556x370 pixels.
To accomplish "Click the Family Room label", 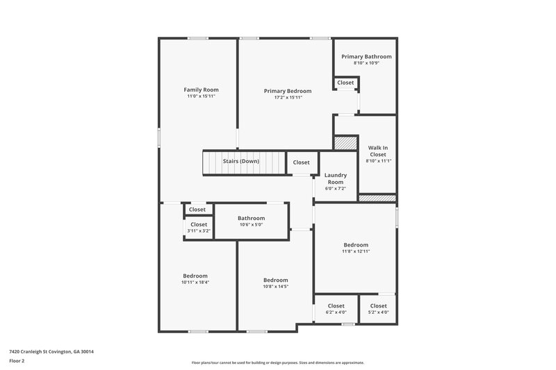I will pyautogui.click(x=201, y=90).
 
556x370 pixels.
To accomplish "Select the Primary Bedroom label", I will pyautogui.click(x=288, y=91).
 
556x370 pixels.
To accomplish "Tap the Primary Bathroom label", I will pyautogui.click(x=366, y=56).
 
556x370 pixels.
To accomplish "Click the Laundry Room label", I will pyautogui.click(x=336, y=178).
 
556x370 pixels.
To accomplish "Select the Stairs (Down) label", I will pyautogui.click(x=241, y=162).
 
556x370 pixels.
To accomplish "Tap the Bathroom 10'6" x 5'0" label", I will pyautogui.click(x=251, y=218).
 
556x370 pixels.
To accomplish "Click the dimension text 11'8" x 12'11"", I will pyautogui.click(x=356, y=251).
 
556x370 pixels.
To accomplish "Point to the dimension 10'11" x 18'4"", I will pyautogui.click(x=195, y=283).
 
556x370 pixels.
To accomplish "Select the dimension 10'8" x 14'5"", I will pyautogui.click(x=275, y=286).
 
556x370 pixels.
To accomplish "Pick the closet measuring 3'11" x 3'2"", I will pyautogui.click(x=199, y=228).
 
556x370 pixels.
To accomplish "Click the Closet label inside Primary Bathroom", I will pyautogui.click(x=345, y=83).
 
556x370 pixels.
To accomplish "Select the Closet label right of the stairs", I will pyautogui.click(x=302, y=162).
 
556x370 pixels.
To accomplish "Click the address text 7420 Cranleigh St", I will pyautogui.click(x=51, y=351).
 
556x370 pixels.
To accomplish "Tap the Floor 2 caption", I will pyautogui.click(x=17, y=361).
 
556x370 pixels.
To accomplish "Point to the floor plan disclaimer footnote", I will pyautogui.click(x=277, y=362).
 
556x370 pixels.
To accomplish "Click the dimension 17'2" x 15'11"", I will pyautogui.click(x=288, y=97).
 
